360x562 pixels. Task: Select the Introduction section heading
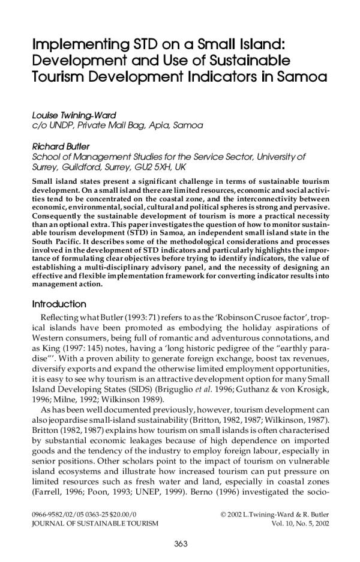[59, 304]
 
